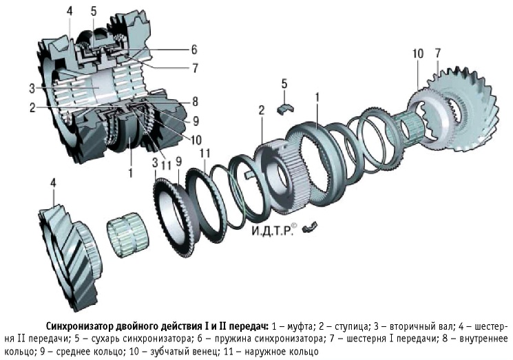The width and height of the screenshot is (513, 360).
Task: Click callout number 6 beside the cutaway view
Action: pyautogui.click(x=195, y=50)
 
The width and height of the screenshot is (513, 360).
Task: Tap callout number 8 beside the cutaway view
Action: pyautogui.click(x=196, y=100)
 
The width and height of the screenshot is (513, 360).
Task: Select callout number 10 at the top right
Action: pyautogui.click(x=418, y=54)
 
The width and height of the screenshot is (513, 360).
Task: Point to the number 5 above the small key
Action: pyautogui.click(x=284, y=84)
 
